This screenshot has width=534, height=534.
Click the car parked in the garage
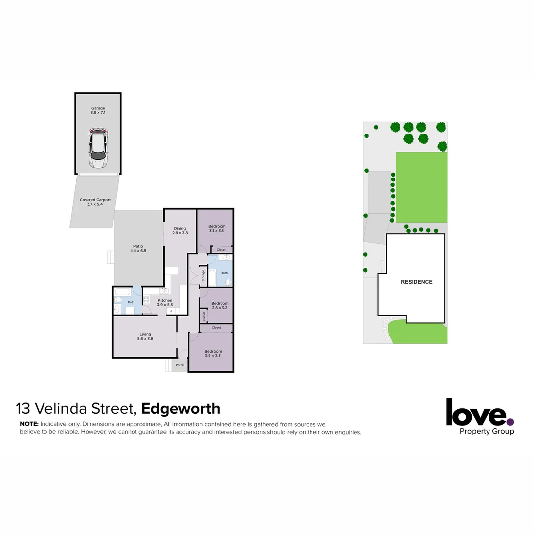pos(98,148)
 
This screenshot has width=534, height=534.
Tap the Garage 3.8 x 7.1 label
pos(98,110)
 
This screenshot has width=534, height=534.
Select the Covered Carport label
pos(95,202)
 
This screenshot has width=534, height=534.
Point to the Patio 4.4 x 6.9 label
pos(138,248)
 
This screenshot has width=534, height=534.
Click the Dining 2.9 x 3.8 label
pos(179,231)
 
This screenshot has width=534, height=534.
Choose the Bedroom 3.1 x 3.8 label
pos(217,228)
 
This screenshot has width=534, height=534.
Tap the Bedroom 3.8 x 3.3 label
pos(213,353)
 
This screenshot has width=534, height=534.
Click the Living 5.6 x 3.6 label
pos(145,337)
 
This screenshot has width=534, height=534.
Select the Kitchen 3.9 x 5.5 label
pos(165,302)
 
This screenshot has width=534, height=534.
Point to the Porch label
pos(180,365)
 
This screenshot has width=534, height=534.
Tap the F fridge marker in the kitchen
pos(171,311)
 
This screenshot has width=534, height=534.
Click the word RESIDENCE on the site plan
pos(416,282)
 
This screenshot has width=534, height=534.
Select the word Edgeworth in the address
pos(180,409)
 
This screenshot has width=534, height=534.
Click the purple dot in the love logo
pos(510,422)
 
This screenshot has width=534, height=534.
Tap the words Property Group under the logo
pos(487,431)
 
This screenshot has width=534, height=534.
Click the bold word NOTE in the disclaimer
pos(29,424)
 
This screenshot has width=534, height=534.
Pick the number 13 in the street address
pos(22,409)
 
